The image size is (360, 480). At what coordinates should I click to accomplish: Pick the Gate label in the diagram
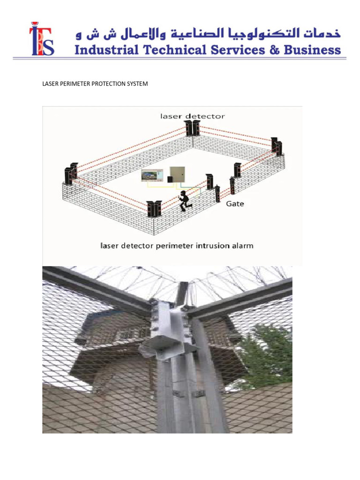[235, 203]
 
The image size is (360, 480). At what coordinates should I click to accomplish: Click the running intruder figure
[184, 199]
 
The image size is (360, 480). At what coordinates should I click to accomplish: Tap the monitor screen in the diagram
[152, 176]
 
